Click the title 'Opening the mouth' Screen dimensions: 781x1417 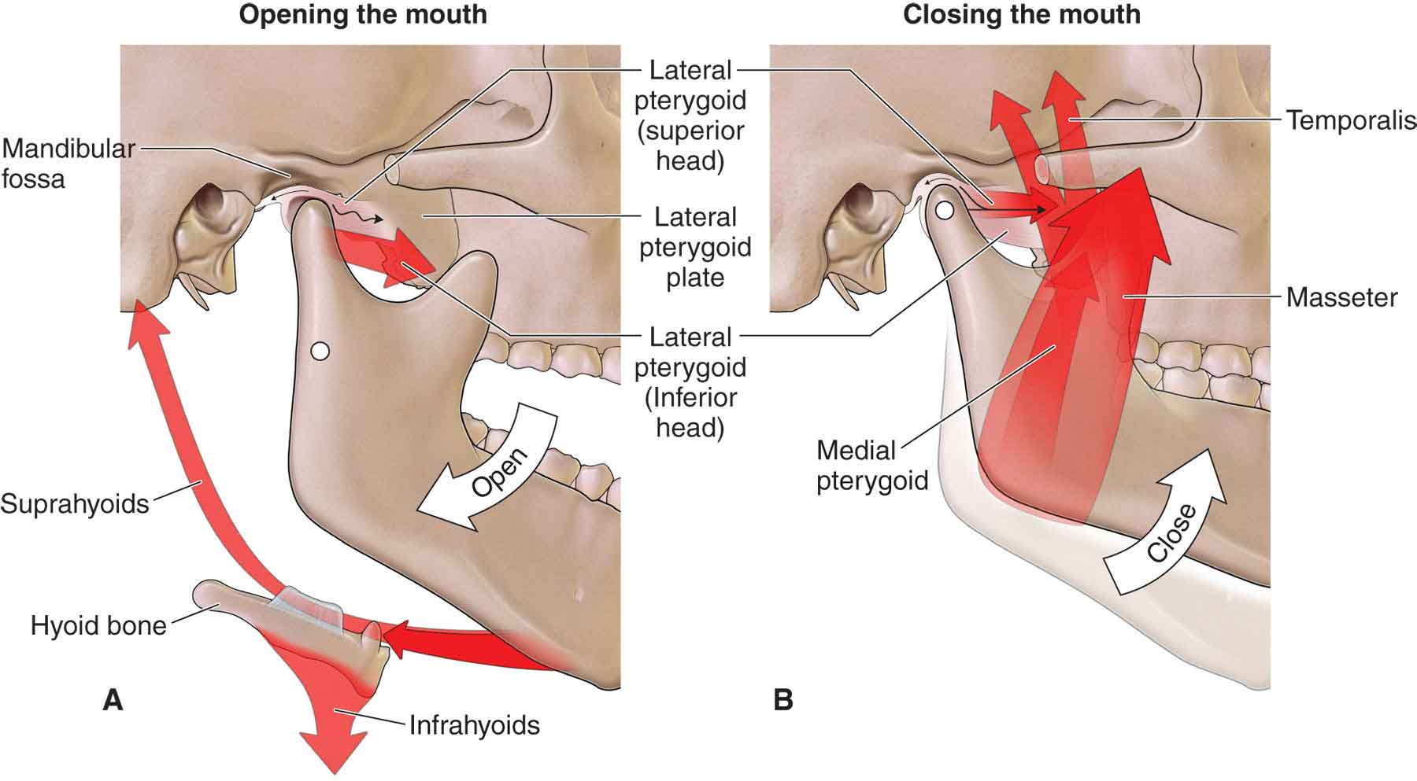363,14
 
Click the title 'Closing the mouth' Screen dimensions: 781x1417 1021,14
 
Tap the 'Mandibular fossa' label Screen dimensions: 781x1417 66,164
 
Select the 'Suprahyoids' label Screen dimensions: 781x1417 75,503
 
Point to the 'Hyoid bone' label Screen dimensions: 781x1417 98,626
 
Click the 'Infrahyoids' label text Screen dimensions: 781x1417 474,724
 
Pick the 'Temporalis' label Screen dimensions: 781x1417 1351,120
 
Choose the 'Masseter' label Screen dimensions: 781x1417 1341,297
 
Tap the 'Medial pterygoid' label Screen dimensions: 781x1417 871,465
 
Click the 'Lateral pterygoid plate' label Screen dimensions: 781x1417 695,247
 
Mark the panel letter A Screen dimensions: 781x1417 113,699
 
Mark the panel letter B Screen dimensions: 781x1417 782,699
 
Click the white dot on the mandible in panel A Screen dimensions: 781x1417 319,351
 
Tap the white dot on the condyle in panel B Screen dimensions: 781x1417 945,210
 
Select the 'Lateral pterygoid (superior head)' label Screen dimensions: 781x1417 690,116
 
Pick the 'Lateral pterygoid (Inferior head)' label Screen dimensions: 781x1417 690,382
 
